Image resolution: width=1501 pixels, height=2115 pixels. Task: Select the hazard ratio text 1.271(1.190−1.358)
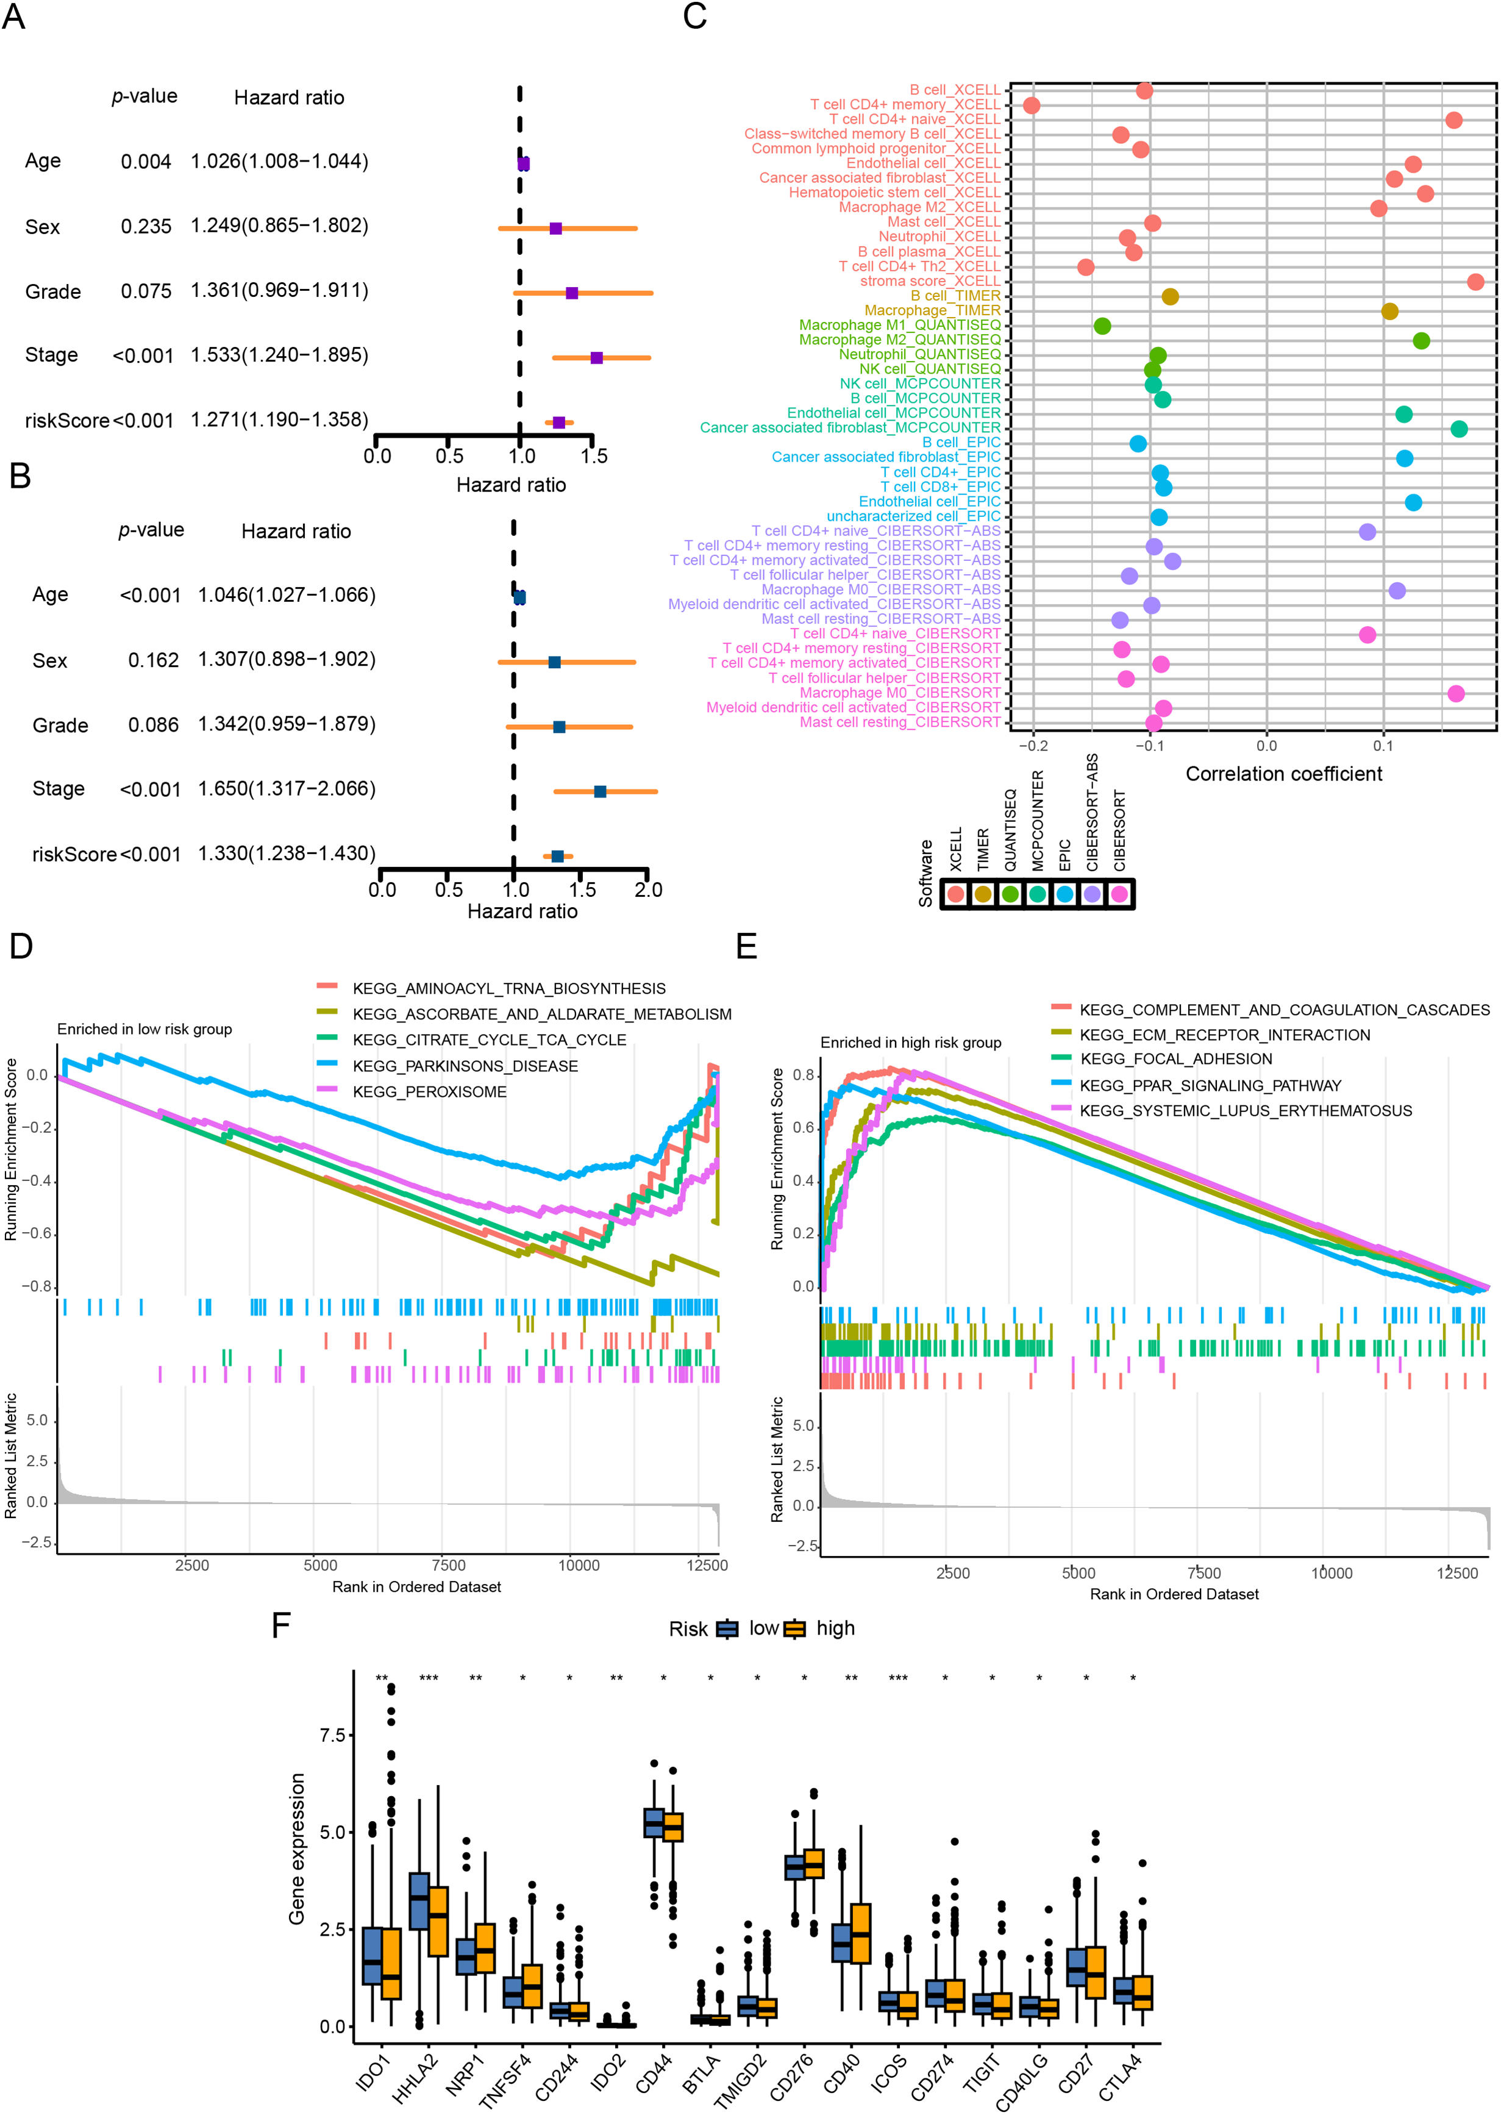279,419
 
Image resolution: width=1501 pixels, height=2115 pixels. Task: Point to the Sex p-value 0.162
154,660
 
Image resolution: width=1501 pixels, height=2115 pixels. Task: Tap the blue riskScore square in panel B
557,857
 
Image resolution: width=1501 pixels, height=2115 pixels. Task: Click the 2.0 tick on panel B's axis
648,890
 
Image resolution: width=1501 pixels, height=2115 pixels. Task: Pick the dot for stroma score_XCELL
1475,282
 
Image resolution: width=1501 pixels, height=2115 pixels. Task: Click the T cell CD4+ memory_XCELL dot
1032,105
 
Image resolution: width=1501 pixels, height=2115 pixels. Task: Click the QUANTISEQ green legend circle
1010,894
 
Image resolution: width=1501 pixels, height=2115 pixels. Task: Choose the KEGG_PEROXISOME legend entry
429,1092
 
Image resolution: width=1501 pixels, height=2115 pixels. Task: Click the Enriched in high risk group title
910,1043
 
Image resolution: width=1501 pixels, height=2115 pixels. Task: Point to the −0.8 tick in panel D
37,1287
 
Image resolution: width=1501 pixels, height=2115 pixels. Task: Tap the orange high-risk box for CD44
673,1827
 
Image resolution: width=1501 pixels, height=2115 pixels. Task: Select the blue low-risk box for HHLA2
419,1900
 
